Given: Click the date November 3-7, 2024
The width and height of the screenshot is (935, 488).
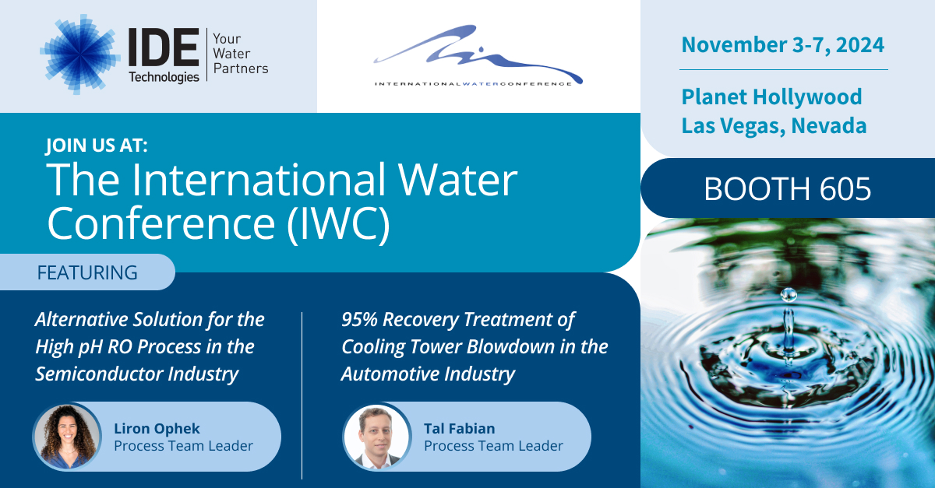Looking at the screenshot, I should (x=782, y=44).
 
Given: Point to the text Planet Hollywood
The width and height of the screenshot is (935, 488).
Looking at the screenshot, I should (x=771, y=97).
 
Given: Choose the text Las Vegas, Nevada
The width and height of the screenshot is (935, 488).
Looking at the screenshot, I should (x=774, y=125).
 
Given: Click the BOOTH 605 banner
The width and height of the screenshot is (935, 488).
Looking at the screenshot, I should (x=787, y=189).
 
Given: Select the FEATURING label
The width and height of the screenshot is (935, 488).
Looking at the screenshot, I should (x=86, y=272).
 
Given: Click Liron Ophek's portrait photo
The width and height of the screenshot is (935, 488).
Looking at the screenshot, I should (x=66, y=437).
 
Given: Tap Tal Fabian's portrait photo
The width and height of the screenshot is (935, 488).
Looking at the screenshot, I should (x=376, y=437).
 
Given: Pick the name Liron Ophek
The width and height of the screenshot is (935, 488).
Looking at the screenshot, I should (x=157, y=428).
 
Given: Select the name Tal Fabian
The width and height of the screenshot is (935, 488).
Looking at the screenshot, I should (x=459, y=428).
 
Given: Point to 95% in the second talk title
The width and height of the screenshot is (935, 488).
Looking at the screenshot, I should (x=360, y=319).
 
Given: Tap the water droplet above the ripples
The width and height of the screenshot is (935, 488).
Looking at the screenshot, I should (x=789, y=294).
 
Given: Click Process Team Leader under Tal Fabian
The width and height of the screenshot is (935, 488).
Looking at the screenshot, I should (x=493, y=446).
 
